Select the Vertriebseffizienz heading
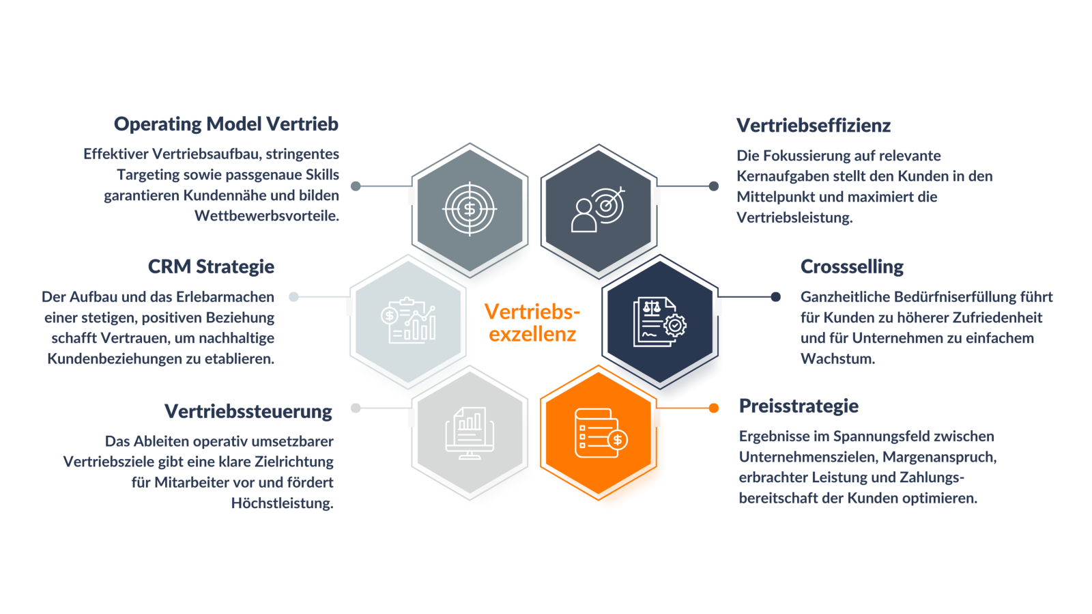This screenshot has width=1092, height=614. [x=813, y=126]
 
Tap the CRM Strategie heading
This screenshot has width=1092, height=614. [x=211, y=267]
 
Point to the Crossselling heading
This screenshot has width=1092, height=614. [x=852, y=267]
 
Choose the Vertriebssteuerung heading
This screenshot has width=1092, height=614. [x=248, y=411]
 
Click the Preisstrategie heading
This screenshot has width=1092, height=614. [x=799, y=406]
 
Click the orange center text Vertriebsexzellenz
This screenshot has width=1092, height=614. [x=532, y=323]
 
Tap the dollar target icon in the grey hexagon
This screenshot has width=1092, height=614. [x=470, y=209]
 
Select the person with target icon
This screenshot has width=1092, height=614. [x=598, y=209]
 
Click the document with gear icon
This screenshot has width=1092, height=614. [x=659, y=322]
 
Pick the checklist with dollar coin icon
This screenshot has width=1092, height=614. [x=601, y=433]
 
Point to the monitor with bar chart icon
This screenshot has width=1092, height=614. [x=470, y=433]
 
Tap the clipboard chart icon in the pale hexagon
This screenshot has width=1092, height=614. [x=408, y=320]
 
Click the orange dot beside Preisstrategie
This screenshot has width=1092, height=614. [x=714, y=408]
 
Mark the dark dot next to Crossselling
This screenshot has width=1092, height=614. [x=775, y=296]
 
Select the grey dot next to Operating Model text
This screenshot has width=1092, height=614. [x=356, y=186]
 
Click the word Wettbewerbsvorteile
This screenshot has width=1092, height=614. [x=267, y=216]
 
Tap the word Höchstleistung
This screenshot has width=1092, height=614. [x=283, y=503]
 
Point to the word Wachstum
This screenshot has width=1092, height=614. [x=838, y=359]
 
